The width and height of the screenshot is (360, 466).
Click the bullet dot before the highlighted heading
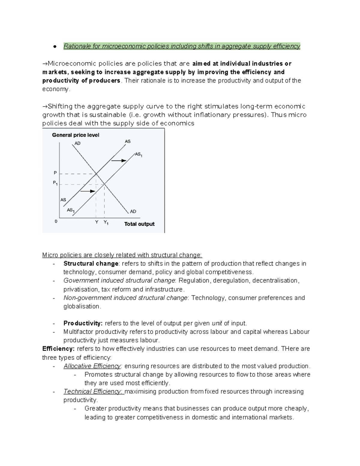coord(55,47)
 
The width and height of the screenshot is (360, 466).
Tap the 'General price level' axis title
coord(76,135)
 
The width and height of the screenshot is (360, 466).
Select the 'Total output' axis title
coord(139,224)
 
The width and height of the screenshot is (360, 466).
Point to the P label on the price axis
coord(55,173)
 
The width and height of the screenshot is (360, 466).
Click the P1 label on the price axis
coord(55,183)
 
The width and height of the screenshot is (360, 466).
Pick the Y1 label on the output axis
coord(106,223)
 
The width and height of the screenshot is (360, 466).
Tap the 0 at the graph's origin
coord(56,221)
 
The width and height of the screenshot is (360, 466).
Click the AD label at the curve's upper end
coord(77,143)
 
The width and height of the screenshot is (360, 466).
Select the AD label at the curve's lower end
coord(133,211)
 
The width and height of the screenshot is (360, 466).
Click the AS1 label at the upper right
coord(139,155)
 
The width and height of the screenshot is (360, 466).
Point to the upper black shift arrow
coord(119,161)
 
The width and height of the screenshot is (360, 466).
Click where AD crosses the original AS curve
coord(96,174)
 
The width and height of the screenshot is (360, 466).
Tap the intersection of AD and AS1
coord(104,184)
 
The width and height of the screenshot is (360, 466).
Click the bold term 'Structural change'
coord(91,263)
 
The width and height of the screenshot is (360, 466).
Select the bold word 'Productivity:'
coord(83,323)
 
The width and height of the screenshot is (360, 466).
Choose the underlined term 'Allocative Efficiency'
coord(92,366)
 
